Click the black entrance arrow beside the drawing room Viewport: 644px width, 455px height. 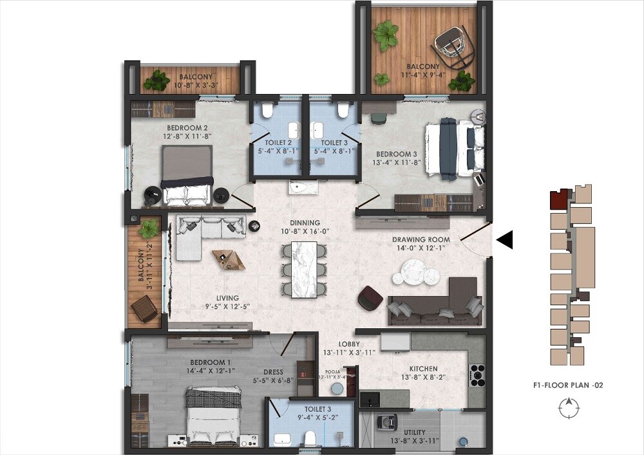pyautogui.click(x=505, y=240)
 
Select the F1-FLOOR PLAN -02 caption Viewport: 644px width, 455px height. pyautogui.click(x=567, y=385)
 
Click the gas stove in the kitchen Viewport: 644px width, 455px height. pyautogui.click(x=477, y=375)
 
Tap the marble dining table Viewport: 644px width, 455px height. pyautogui.click(x=304, y=269)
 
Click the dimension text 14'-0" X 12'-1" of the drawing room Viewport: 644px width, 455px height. pyautogui.click(x=421, y=249)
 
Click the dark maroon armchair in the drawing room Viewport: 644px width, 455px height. pyautogui.click(x=370, y=297)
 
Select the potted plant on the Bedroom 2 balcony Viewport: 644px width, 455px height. pyautogui.click(x=156, y=80)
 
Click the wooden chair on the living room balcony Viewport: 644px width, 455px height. pyautogui.click(x=144, y=310)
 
